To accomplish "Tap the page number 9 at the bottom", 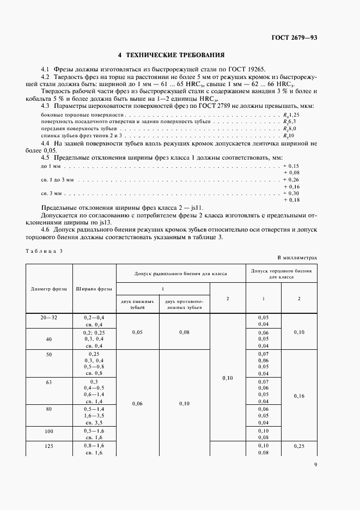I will tap(315, 465).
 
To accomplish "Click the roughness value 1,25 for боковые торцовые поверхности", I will tap(294, 116).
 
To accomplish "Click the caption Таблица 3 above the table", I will tap(44, 250).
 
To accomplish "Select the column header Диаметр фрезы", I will tap(49, 289).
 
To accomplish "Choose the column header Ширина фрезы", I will tap(94, 289).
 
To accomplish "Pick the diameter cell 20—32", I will tap(49, 317).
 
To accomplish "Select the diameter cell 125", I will tap(49, 445).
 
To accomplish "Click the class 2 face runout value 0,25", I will tap(299, 445).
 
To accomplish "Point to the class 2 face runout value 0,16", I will tap(299, 396).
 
